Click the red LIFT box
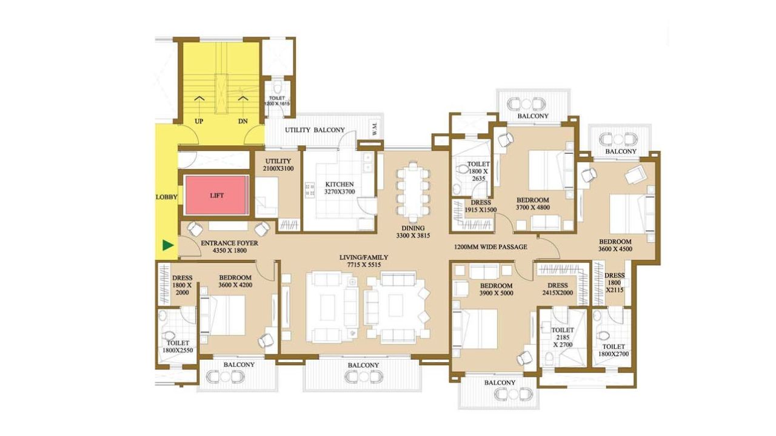click(216, 196)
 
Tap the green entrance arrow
click(169, 245)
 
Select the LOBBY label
click(166, 197)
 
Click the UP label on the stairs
click(199, 121)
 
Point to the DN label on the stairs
click(243, 121)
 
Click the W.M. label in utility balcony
click(375, 130)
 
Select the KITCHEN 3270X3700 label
click(339, 188)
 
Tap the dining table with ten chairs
click(413, 192)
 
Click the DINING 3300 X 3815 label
click(413, 232)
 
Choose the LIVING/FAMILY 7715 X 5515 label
click(364, 261)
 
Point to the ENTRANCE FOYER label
click(229, 246)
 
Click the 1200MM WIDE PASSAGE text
click(490, 246)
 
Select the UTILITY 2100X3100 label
click(278, 165)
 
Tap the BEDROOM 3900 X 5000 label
click(496, 289)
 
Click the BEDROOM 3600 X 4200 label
click(235, 281)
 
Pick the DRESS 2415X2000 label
click(558, 289)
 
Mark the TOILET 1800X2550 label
click(178, 346)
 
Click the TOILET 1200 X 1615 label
click(277, 101)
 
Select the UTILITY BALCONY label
click(315, 130)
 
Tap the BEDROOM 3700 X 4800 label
click(533, 203)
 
